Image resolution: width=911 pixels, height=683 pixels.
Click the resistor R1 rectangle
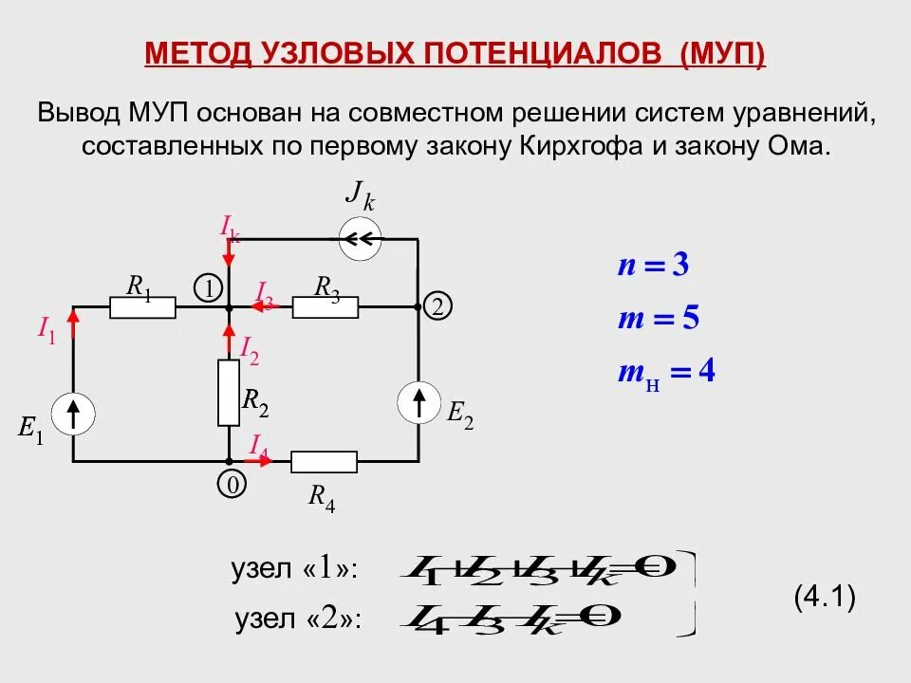[x=142, y=307]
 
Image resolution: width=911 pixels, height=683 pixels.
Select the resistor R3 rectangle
[x=325, y=307]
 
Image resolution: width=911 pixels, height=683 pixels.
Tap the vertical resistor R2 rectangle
[x=229, y=392]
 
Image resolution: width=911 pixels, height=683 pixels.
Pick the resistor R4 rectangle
[x=324, y=462]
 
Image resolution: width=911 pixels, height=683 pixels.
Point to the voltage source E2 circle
[x=418, y=403]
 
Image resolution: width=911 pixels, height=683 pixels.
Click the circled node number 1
[x=208, y=288]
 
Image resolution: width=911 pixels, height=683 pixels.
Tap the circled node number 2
[x=437, y=306]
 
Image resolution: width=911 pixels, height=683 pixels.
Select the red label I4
[x=258, y=444]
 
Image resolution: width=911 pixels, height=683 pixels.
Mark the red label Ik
[x=230, y=227]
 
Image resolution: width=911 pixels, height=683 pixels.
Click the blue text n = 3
[x=653, y=266]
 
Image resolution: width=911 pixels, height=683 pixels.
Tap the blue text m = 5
[x=658, y=319]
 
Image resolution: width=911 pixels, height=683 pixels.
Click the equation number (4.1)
[x=825, y=598]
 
